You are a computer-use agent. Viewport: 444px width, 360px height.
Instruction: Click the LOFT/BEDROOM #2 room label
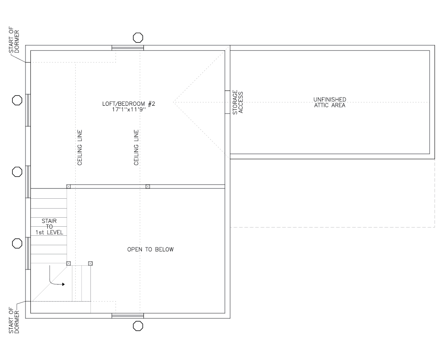[129, 104]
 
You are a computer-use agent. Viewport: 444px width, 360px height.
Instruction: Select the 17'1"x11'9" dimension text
[129, 110]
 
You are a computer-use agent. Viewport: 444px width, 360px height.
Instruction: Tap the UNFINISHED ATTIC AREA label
[329, 102]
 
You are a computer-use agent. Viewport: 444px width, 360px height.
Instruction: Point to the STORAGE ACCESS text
[238, 102]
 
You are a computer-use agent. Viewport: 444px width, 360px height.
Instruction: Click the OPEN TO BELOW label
[150, 249]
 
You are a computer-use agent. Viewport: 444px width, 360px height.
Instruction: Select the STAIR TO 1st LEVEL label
[49, 227]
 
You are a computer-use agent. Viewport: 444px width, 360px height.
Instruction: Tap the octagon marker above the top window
[138, 37]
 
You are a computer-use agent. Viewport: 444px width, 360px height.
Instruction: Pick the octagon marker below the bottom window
[138, 326]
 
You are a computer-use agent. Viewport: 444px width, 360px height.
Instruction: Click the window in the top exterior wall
[127, 48]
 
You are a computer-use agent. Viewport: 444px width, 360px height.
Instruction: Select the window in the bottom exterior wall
[127, 316]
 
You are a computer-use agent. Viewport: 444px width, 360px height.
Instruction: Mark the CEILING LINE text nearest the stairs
[80, 148]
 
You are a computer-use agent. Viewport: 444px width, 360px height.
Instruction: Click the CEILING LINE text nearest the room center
[136, 148]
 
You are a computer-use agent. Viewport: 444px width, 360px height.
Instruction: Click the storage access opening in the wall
[227, 102]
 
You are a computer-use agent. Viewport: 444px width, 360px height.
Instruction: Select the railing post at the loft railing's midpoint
[148, 186]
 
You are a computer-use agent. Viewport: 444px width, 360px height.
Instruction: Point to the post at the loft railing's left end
[69, 186]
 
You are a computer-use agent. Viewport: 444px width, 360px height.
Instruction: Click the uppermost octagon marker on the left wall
[17, 100]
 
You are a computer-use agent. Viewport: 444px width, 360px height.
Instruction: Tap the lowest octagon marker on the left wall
[17, 244]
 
